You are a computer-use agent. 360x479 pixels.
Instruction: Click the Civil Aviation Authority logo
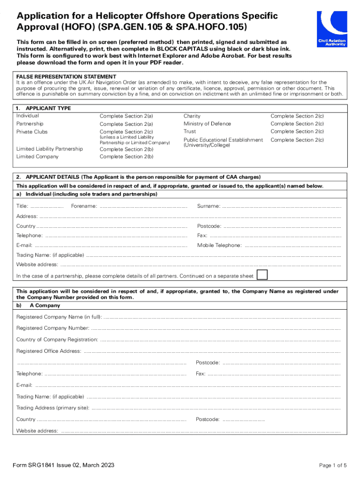331,29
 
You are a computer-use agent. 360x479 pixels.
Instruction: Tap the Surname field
281,206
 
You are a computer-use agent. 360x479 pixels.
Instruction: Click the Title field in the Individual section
47,206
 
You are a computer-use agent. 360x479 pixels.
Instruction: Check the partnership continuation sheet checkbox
263,275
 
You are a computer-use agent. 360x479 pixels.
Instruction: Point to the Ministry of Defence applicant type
207,124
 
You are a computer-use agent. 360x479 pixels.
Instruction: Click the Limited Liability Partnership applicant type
50,149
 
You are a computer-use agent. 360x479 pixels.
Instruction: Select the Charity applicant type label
192,116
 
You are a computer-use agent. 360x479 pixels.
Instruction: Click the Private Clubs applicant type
32,132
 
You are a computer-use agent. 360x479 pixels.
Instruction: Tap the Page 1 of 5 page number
333,465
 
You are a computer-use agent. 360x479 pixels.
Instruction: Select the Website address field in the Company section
201,431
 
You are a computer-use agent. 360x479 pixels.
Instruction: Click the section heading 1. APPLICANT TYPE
43,108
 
